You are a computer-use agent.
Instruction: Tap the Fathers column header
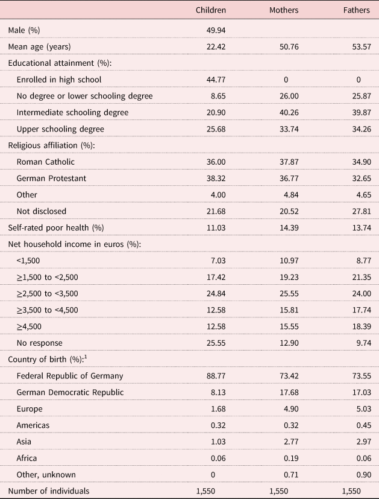point(355,10)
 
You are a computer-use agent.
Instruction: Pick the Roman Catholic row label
point(45,162)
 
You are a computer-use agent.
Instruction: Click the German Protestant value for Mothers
point(287,178)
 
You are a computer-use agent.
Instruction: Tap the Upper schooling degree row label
point(60,129)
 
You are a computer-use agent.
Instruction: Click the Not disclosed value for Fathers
point(358,211)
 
